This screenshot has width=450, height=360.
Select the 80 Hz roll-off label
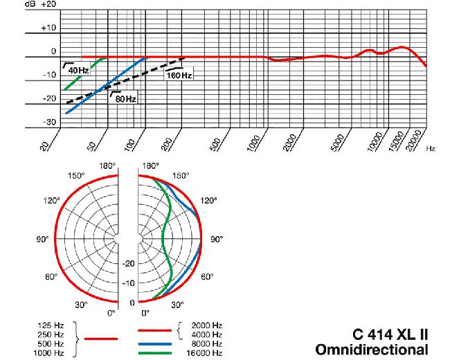coord(125,98)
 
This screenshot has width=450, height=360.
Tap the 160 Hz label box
coord(179,74)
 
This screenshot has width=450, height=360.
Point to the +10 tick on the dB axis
coord(48,28)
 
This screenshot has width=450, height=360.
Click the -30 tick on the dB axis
coord(48,123)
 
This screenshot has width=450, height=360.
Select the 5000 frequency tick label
coord(338,144)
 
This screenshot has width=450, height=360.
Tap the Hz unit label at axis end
coord(431,148)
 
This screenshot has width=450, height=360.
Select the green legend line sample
coord(155,352)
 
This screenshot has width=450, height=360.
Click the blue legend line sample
coord(155,342)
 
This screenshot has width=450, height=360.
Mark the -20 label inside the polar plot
coord(128,263)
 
